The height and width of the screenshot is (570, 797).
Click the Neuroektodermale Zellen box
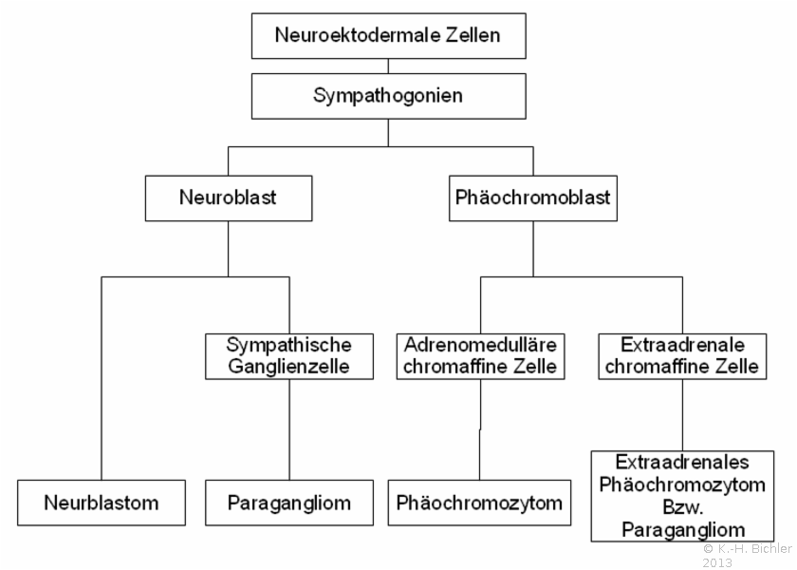pyautogui.click(x=388, y=36)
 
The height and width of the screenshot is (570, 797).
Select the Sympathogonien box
pyautogui.click(x=388, y=96)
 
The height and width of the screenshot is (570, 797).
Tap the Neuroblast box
pyautogui.click(x=229, y=199)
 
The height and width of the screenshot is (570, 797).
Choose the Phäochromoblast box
pyautogui.click(x=533, y=199)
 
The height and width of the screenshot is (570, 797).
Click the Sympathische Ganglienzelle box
pyautogui.click(x=289, y=356)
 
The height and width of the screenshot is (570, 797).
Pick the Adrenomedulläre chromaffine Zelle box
pyautogui.click(x=480, y=356)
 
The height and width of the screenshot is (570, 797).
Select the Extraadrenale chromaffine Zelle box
pyautogui.click(x=682, y=356)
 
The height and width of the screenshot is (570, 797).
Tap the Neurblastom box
pyautogui.click(x=102, y=503)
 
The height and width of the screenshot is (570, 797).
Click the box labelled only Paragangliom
pyautogui.click(x=289, y=503)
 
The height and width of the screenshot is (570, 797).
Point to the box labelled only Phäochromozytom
pyautogui.click(x=479, y=503)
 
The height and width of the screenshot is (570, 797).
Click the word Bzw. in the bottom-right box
pyautogui.click(x=682, y=507)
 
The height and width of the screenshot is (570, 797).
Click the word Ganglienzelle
pyautogui.click(x=288, y=367)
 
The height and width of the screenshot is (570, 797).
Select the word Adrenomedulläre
pyautogui.click(x=480, y=345)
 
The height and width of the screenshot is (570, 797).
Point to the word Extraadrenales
pyautogui.click(x=682, y=462)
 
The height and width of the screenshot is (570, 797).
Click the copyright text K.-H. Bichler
pyautogui.click(x=755, y=549)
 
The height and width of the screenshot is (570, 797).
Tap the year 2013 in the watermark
pyautogui.click(x=717, y=562)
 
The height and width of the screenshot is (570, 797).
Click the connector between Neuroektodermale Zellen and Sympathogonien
pyautogui.click(x=388, y=66)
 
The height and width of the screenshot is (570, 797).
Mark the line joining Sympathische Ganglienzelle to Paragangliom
pyautogui.click(x=289, y=429)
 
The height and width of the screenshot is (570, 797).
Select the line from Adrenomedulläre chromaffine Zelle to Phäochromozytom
pyautogui.click(x=480, y=429)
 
